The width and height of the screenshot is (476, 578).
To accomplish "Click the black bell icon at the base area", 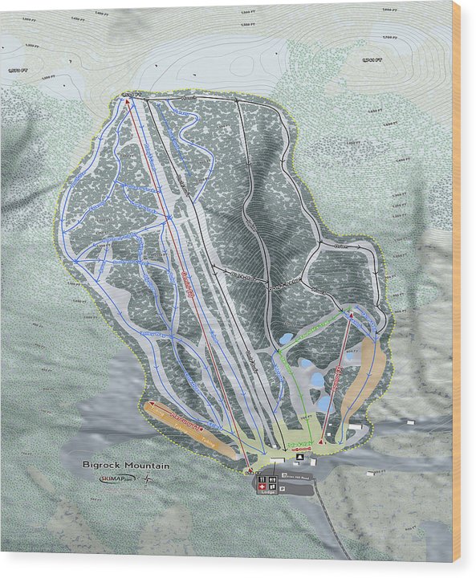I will [x=299, y=457].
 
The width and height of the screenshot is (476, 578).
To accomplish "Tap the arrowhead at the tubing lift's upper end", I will [x=150, y=405].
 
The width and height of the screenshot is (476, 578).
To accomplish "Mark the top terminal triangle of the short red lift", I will [x=351, y=318].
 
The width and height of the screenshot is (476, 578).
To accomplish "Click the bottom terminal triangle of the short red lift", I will [x=322, y=440].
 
